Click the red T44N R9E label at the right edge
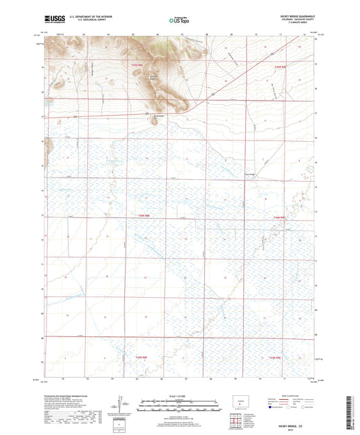[280, 217]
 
